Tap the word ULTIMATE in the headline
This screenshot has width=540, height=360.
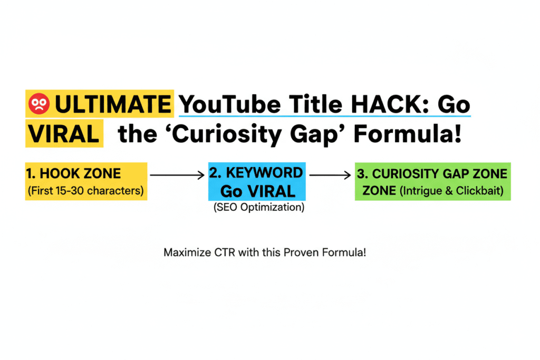pos(113,105)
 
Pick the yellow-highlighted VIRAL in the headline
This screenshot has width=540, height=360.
pos(62,135)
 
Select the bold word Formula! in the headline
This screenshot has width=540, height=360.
pos(409,135)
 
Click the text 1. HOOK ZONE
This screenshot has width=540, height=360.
pos(73,173)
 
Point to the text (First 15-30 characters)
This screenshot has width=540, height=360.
pos(84,190)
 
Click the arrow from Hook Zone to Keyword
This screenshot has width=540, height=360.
pos(178,173)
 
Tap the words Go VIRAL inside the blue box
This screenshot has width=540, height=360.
pos(257,190)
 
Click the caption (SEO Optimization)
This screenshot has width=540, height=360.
pos(259,208)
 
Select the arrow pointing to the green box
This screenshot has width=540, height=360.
pos(331,173)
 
